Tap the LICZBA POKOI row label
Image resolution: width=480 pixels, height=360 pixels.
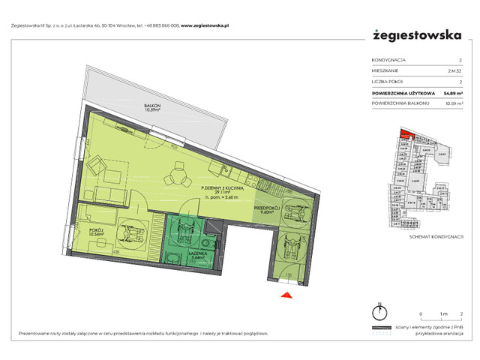[388, 82]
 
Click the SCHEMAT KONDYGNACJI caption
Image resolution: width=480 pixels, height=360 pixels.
[433, 236]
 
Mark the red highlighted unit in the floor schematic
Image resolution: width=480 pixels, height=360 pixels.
[406, 135]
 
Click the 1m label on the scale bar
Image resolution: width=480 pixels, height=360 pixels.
[442, 313]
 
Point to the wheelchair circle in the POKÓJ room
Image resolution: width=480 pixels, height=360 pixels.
[133, 233]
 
